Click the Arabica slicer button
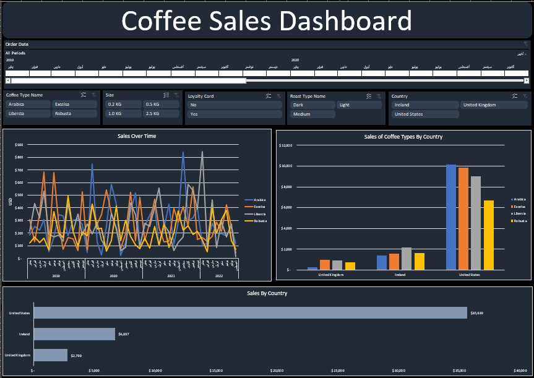pyautogui.click(x=27, y=105)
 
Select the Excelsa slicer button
pyautogui.click(x=74, y=105)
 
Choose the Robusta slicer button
pyautogui.click(x=74, y=114)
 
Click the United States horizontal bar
pyautogui.click(x=250, y=313)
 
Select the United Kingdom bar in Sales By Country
pyautogui.click(x=50, y=355)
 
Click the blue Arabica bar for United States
pyautogui.click(x=451, y=217)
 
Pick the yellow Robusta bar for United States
pyautogui.click(x=488, y=235)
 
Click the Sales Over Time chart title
pyautogui.click(x=137, y=135)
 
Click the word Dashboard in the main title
pyautogui.click(x=345, y=21)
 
